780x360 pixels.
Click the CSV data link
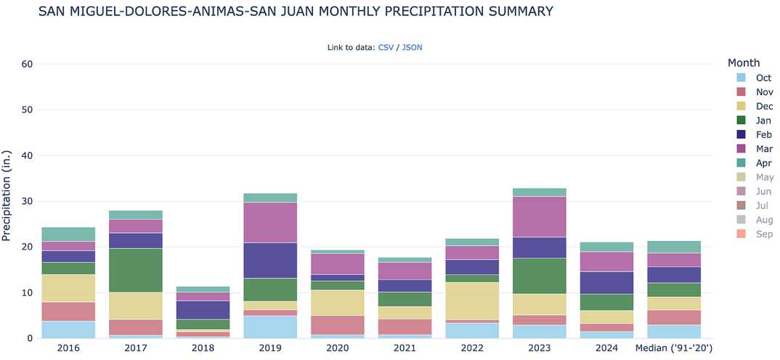386,47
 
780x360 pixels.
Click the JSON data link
412,47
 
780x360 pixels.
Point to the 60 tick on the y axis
28,64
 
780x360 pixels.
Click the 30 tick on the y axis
28,201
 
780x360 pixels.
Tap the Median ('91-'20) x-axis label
673,348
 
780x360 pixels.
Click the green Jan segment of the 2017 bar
136,270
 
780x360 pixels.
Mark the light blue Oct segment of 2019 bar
270,327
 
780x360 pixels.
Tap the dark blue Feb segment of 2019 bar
270,260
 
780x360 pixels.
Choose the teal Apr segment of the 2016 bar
68,234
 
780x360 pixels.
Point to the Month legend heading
744,63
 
